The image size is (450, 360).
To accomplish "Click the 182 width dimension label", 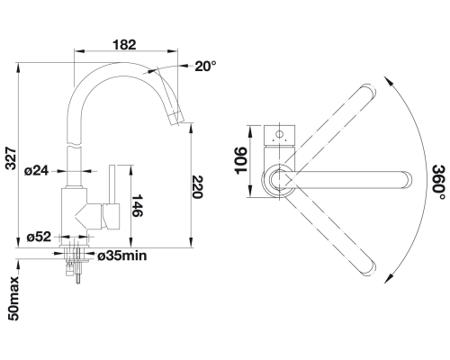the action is pyautogui.click(x=124, y=45).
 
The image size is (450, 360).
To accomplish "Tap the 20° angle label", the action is pyautogui.click(x=205, y=66).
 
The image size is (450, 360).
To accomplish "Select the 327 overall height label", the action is pyautogui.click(x=12, y=158).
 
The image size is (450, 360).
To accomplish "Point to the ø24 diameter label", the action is pyautogui.click(x=36, y=171).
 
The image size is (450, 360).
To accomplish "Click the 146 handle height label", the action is pyautogui.click(x=138, y=205).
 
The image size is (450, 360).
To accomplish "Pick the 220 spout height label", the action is pyautogui.click(x=198, y=187).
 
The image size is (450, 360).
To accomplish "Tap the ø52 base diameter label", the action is pyautogui.click(x=39, y=237).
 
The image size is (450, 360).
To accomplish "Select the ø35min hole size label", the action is pyautogui.click(x=122, y=256).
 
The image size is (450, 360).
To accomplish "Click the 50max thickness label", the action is pyautogui.click(x=13, y=299).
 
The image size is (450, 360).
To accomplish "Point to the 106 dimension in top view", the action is pyautogui.click(x=241, y=160).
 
